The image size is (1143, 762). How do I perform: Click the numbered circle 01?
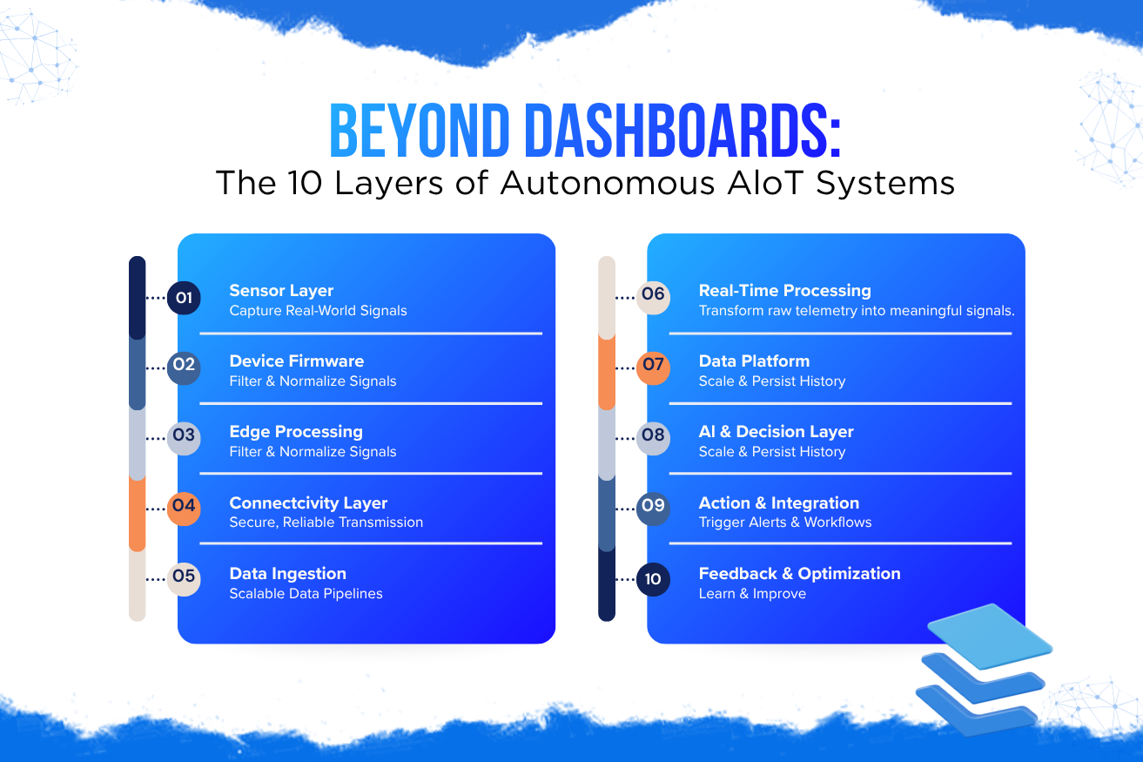pyautogui.click(x=184, y=298)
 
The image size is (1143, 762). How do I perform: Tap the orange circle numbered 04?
pyautogui.click(x=184, y=509)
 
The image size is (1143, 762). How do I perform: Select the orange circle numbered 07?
pyautogui.click(x=653, y=368)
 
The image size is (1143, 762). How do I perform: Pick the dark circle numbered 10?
pyautogui.click(x=653, y=579)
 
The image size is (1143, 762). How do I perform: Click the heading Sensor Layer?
pyautogui.click(x=281, y=290)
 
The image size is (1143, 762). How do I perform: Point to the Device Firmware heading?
pyautogui.click(x=297, y=361)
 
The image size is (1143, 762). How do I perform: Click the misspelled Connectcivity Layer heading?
pyautogui.click(x=308, y=502)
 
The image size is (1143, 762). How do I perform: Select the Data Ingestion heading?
pyautogui.click(x=288, y=574)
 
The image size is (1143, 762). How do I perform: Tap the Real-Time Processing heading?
pyautogui.click(x=785, y=290)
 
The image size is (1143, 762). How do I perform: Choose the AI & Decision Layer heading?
pyautogui.click(x=777, y=432)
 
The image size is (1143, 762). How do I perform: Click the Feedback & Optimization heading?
pyautogui.click(x=800, y=574)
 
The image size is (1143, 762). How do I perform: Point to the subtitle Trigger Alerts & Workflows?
pyautogui.click(x=785, y=523)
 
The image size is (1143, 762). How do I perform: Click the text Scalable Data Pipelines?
pyautogui.click(x=306, y=594)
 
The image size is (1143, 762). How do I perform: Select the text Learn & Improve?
pyautogui.click(x=752, y=594)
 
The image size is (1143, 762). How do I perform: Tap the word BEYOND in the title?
pyautogui.click(x=420, y=131)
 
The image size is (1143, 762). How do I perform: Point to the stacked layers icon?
pyautogui.click(x=984, y=669)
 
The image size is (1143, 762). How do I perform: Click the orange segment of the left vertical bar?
pyautogui.click(x=138, y=514)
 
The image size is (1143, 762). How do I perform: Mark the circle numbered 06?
pyautogui.click(x=653, y=298)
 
